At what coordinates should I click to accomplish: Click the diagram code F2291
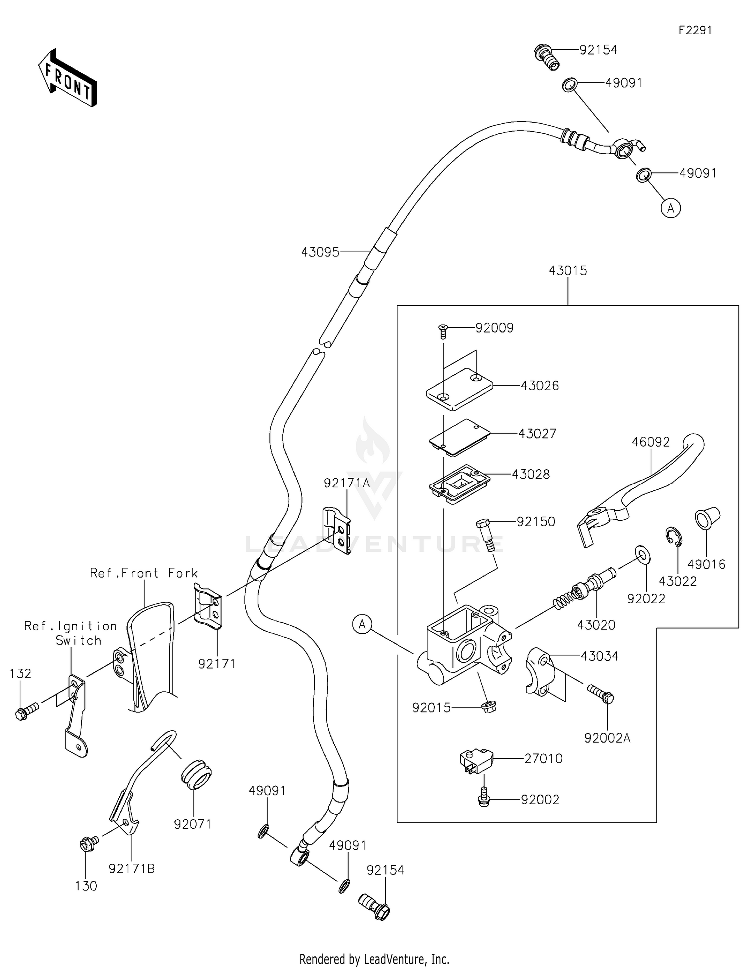pyautogui.click(x=695, y=30)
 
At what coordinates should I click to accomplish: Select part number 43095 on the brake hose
pyautogui.click(x=320, y=253)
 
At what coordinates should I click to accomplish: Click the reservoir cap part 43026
pyautogui.click(x=459, y=389)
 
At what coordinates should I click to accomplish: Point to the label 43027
pyautogui.click(x=537, y=434)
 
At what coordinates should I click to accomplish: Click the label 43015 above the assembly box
pyautogui.click(x=568, y=271)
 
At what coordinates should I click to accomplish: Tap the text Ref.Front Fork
pyautogui.click(x=144, y=573)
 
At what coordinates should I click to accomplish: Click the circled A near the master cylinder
pyautogui.click(x=362, y=624)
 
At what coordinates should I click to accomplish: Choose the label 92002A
pyautogui.click(x=607, y=738)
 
